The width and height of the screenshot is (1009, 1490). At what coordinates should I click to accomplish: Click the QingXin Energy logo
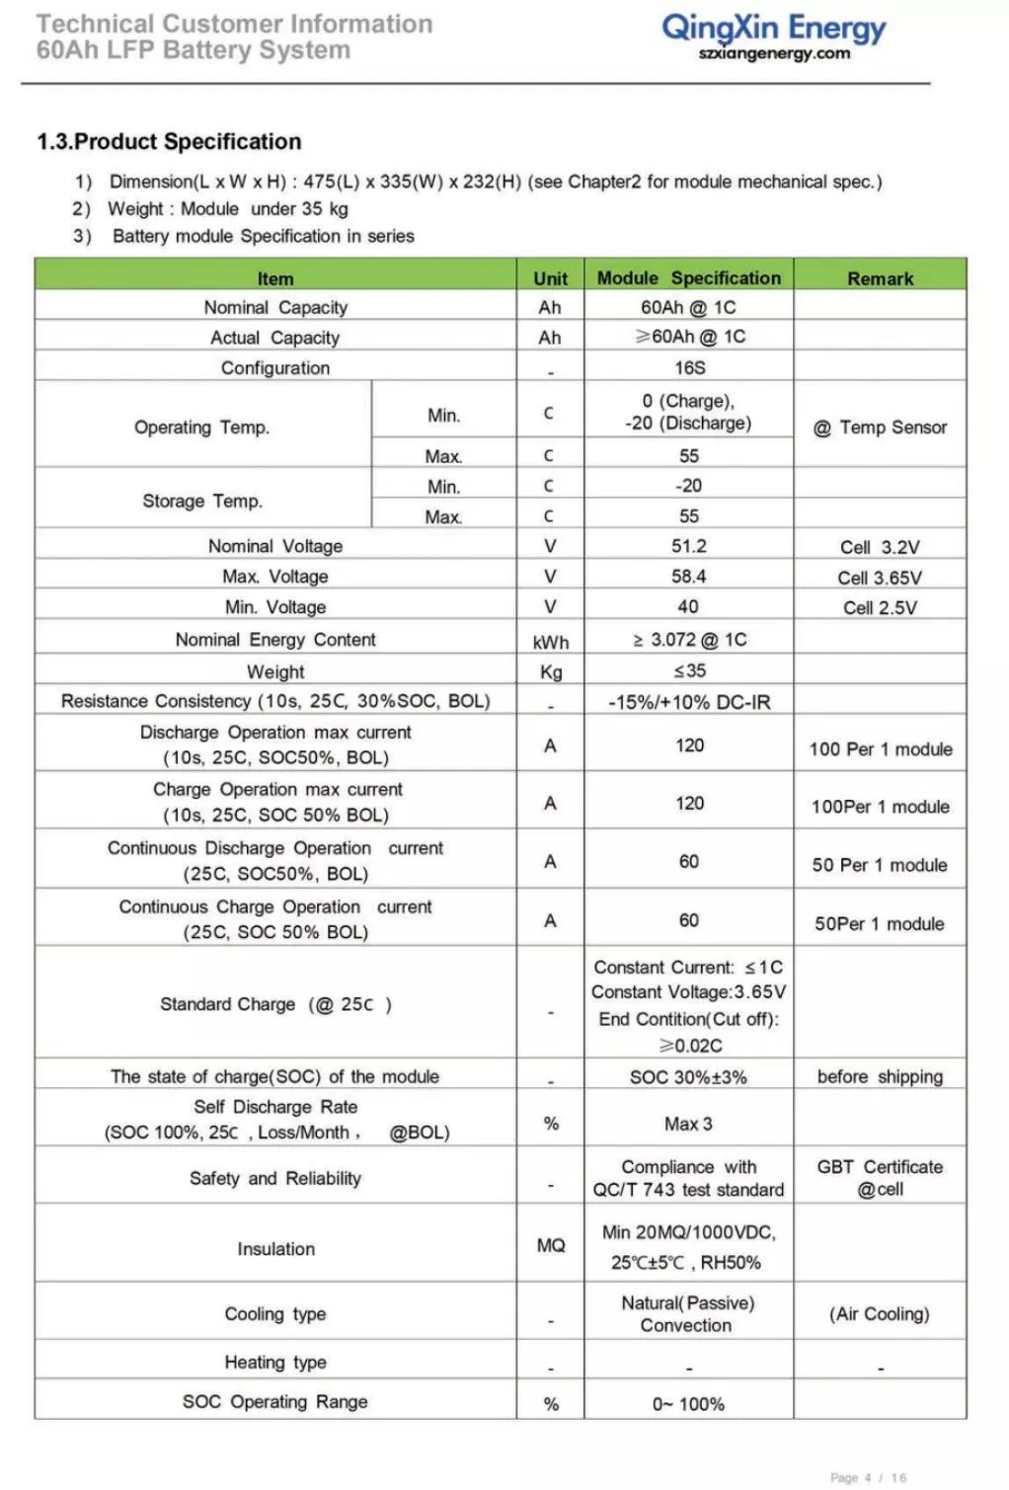pos(773,28)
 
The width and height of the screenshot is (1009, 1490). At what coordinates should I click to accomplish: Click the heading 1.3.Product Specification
pos(169,141)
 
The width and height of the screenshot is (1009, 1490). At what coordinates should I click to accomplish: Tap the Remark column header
pos(880,278)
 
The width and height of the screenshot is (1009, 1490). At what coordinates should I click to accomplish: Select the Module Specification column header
pos(688,278)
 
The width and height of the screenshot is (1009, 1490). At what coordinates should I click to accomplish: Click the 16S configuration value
pos(689,367)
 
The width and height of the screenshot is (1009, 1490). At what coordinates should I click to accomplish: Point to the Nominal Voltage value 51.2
pos(689,546)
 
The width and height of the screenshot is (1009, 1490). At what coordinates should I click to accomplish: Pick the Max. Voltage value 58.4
pos(689,577)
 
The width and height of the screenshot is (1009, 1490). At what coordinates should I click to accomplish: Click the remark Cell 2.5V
pos(880,607)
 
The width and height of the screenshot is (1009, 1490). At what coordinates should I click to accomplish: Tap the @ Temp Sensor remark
pos(880,427)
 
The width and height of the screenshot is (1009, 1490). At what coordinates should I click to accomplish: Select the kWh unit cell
pos(550,642)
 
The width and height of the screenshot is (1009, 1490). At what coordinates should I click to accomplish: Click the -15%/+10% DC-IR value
pos(689,702)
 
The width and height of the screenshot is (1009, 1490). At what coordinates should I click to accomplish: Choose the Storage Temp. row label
pos(202,501)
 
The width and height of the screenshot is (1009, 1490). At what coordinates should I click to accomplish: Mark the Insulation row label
pos(275,1249)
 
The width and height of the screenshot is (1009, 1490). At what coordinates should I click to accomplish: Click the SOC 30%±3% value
pos(689,1077)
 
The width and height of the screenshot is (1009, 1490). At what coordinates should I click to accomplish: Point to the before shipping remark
pos(880,1076)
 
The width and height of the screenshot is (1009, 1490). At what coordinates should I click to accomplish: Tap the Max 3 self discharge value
pos(689,1124)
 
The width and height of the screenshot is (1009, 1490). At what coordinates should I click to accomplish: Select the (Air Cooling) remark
pos(880,1314)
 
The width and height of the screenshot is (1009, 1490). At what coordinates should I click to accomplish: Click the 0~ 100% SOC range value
pos(689,1404)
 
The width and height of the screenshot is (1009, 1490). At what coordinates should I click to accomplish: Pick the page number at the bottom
pos(868,1477)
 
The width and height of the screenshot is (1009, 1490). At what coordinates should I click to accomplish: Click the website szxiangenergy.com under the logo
pos(773,54)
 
